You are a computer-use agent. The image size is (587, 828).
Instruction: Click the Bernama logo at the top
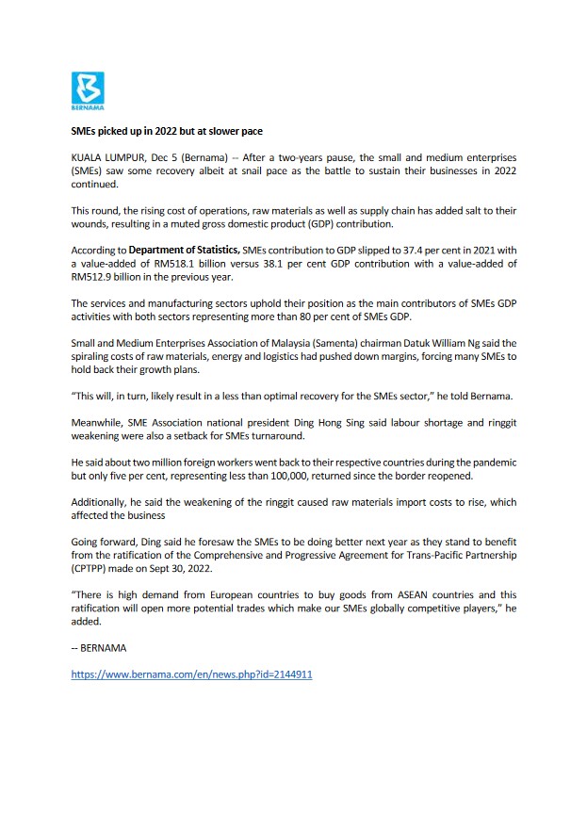(x=88, y=89)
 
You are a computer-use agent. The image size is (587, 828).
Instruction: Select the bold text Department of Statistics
(x=185, y=251)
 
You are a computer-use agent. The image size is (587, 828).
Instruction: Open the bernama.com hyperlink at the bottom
(x=191, y=675)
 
